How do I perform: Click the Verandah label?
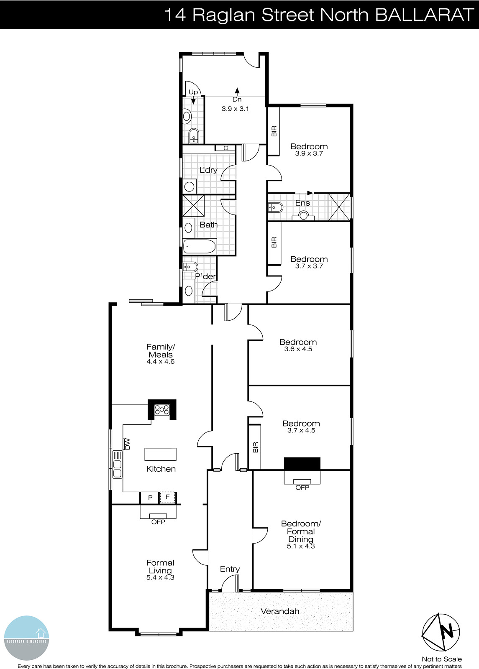(280, 611)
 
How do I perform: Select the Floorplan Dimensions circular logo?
(27, 638)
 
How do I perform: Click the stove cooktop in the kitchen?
(162, 410)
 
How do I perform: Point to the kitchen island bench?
(160, 454)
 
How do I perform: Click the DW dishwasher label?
(128, 444)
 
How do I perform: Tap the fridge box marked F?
(168, 498)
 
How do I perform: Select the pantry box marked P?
(150, 498)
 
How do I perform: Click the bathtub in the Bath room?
(200, 246)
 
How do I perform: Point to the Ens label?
(302, 203)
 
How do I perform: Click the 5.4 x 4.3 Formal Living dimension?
(160, 577)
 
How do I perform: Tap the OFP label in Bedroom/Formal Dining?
(302, 488)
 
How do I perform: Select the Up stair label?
(193, 92)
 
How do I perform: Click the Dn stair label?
(237, 100)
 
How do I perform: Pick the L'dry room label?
(208, 170)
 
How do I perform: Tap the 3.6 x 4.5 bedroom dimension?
(298, 349)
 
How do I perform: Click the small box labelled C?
(225, 148)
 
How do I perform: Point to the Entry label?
(230, 569)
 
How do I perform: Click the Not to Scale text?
(441, 659)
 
